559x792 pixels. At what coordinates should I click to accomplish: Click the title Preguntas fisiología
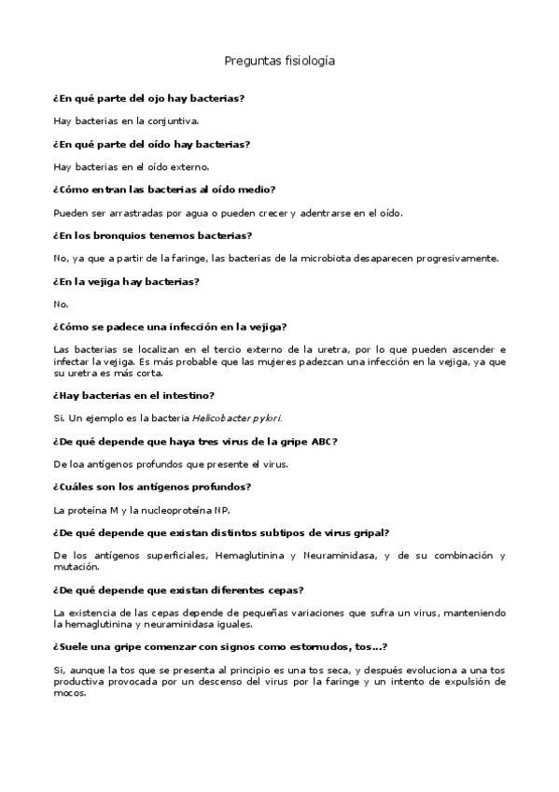pyautogui.click(x=279, y=61)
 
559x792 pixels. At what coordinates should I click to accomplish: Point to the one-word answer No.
pyautogui.click(x=62, y=304)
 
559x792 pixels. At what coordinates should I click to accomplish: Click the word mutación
pyautogui.click(x=75, y=567)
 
